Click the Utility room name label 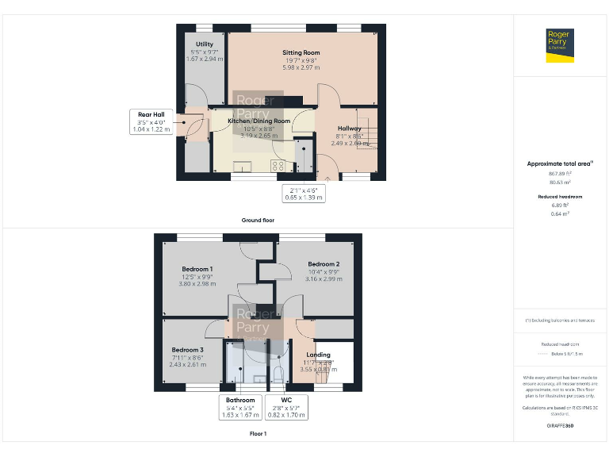(x=205, y=44)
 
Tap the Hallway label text (x=349, y=129)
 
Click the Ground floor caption (x=259, y=220)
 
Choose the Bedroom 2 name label (x=324, y=263)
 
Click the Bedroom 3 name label (x=188, y=350)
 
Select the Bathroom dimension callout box (x=240, y=407)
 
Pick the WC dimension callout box (x=286, y=407)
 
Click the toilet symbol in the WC (x=278, y=373)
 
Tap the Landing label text (x=318, y=355)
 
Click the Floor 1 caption (x=259, y=434)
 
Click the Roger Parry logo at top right (x=560, y=44)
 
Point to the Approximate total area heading (x=560, y=163)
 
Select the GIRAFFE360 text (x=560, y=427)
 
